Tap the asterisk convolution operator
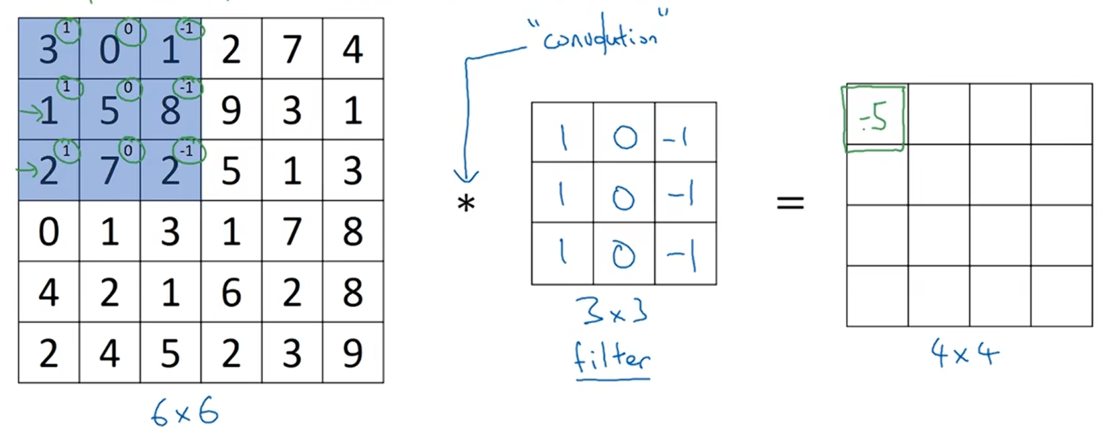466,203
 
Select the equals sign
790,202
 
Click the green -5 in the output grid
874,118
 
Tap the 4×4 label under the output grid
964,353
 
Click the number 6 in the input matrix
231,293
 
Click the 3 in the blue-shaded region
48,50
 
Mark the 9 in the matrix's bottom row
353,354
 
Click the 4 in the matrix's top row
353,50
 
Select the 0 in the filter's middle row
623,198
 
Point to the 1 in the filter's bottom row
562,252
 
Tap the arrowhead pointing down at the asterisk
466,178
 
